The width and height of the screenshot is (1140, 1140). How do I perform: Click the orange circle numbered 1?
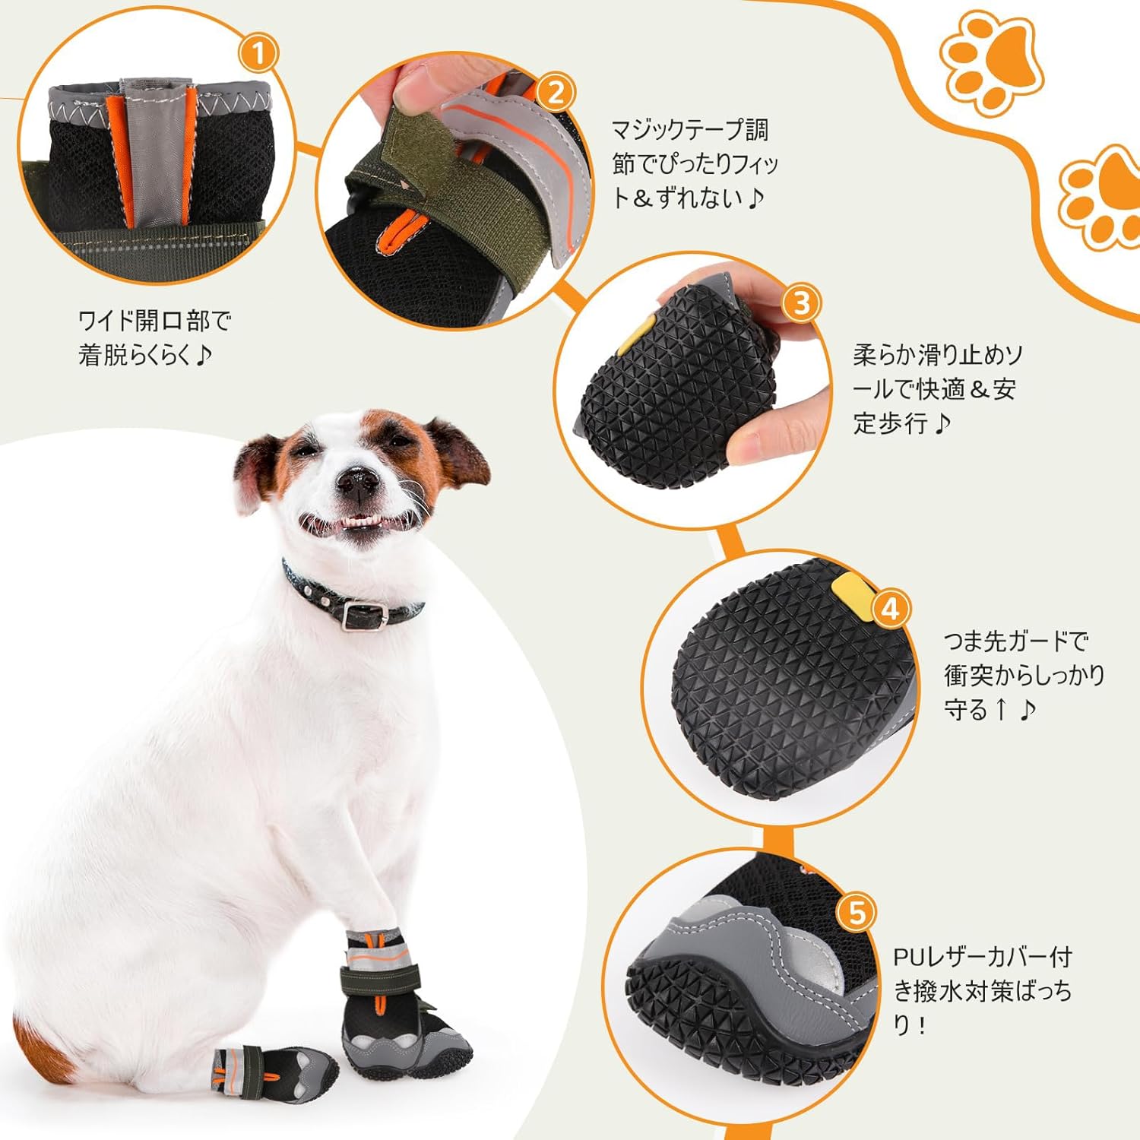click(258, 54)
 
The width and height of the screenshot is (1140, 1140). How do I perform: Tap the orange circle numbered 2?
click(556, 93)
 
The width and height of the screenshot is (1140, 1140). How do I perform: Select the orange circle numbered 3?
click(803, 303)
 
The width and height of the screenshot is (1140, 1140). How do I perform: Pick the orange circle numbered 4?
click(891, 608)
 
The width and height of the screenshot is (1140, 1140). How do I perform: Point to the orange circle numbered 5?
click(857, 912)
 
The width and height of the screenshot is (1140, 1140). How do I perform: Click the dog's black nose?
click(357, 479)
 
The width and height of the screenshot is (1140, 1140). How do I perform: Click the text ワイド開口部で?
click(154, 321)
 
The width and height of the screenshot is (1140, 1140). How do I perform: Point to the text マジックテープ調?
click(690, 130)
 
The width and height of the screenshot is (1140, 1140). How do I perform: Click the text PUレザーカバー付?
click(983, 956)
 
